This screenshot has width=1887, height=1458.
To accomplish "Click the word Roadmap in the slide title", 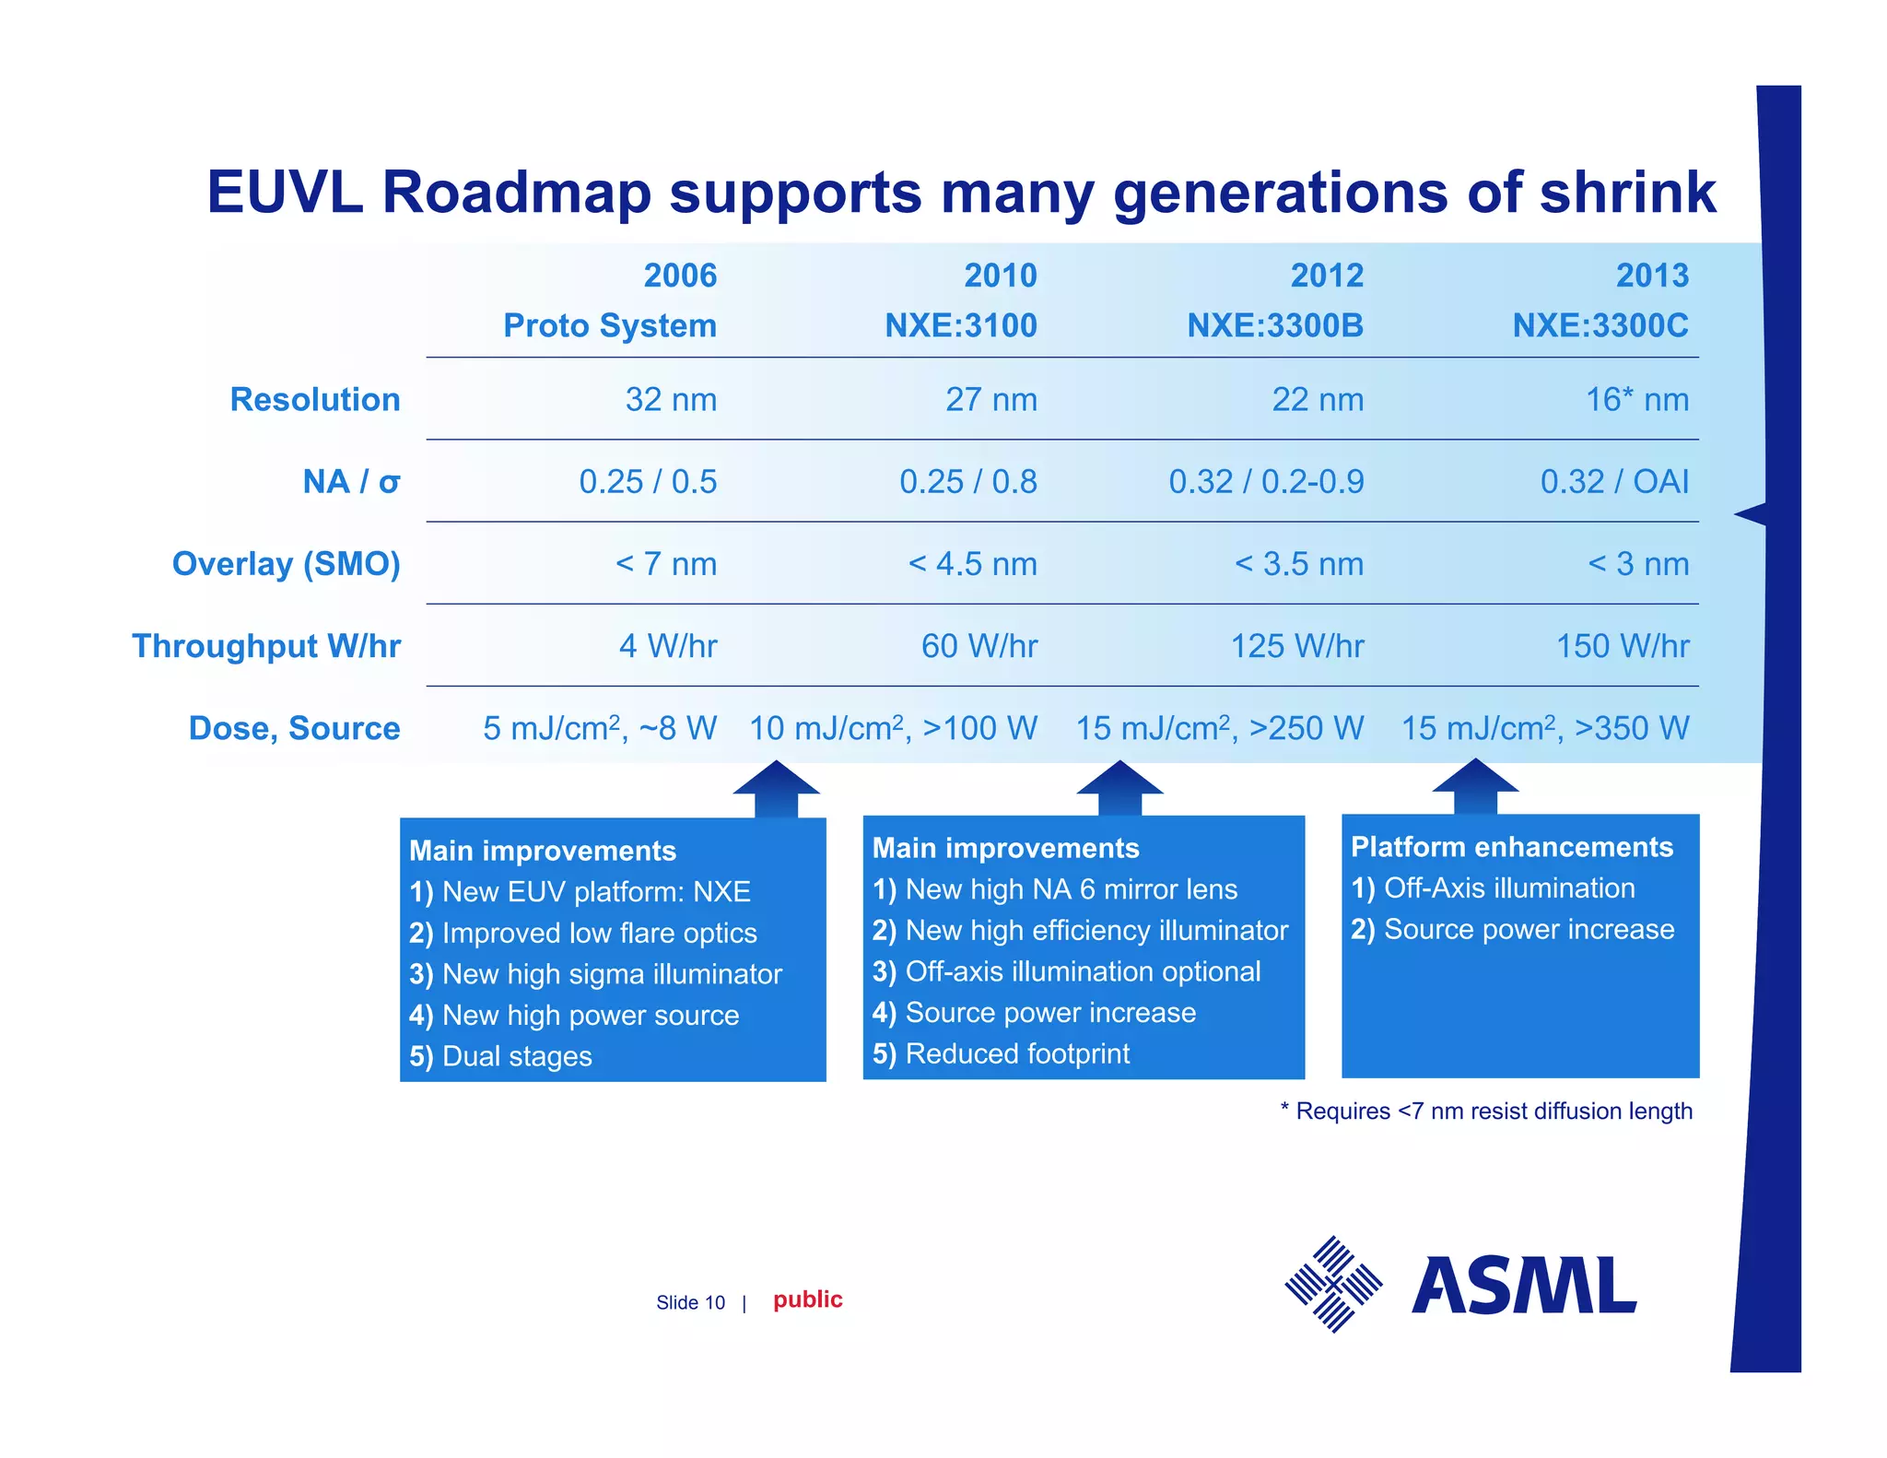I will pos(516,194).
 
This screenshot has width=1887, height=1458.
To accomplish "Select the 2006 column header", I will pos(680,276).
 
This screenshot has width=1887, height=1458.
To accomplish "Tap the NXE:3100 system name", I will pos(960,325).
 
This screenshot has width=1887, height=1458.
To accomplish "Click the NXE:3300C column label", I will pos(1600,325).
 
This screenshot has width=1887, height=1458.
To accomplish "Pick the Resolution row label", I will pos(315,400).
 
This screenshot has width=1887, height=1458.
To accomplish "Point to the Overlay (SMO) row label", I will pos(287,564).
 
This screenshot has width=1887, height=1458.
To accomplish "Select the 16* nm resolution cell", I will pos(1636,400).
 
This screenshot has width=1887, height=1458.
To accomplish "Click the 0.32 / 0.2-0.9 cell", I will pos(1266,482).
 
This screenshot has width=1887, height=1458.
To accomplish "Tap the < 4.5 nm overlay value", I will pos(972,564).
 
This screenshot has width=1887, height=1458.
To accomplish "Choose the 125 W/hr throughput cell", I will pos(1296,646).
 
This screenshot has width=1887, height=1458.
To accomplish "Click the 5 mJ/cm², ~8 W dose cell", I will pos(600,729).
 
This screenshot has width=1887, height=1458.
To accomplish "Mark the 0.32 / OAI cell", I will pos(1614,482).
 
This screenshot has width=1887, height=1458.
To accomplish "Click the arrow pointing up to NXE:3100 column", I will pos(776,788).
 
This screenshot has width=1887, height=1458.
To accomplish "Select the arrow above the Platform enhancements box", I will pos(1474,785).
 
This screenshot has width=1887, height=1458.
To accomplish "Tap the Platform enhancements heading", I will pos(1511,847).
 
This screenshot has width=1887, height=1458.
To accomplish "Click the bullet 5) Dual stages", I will pos(500,1056).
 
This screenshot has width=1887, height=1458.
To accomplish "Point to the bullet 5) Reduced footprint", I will pos(1001,1053).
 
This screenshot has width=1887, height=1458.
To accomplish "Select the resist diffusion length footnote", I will pos(1486,1111).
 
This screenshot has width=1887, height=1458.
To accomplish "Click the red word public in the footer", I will pos(807,1299).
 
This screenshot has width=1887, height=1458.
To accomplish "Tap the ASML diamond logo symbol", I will pos(1333,1284).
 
